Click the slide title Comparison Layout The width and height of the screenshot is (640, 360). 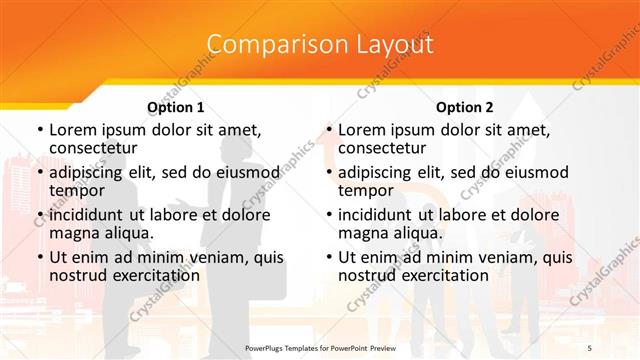point(320,44)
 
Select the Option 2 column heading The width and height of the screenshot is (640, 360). point(464,107)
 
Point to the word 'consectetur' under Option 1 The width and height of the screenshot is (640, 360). point(93,148)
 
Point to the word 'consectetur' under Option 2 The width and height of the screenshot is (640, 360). point(382,148)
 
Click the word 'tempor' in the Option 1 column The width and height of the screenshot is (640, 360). point(77,190)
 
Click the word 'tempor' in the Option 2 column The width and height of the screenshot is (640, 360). point(366,190)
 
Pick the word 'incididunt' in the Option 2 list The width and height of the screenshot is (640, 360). point(377,214)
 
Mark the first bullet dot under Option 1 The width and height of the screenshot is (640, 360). point(39,130)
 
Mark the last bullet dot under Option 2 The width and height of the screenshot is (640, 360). point(328,257)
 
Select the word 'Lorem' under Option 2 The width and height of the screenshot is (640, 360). point(361,130)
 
